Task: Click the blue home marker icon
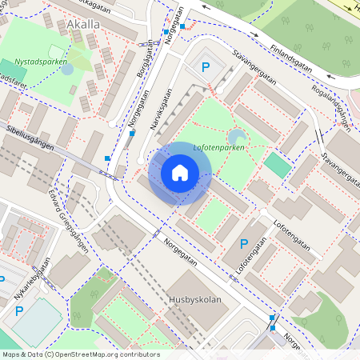(x=180, y=173)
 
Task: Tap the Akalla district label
(x=84, y=25)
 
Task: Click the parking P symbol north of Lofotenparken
(x=206, y=69)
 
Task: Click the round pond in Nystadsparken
(x=67, y=70)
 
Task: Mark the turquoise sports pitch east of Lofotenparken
(x=278, y=165)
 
